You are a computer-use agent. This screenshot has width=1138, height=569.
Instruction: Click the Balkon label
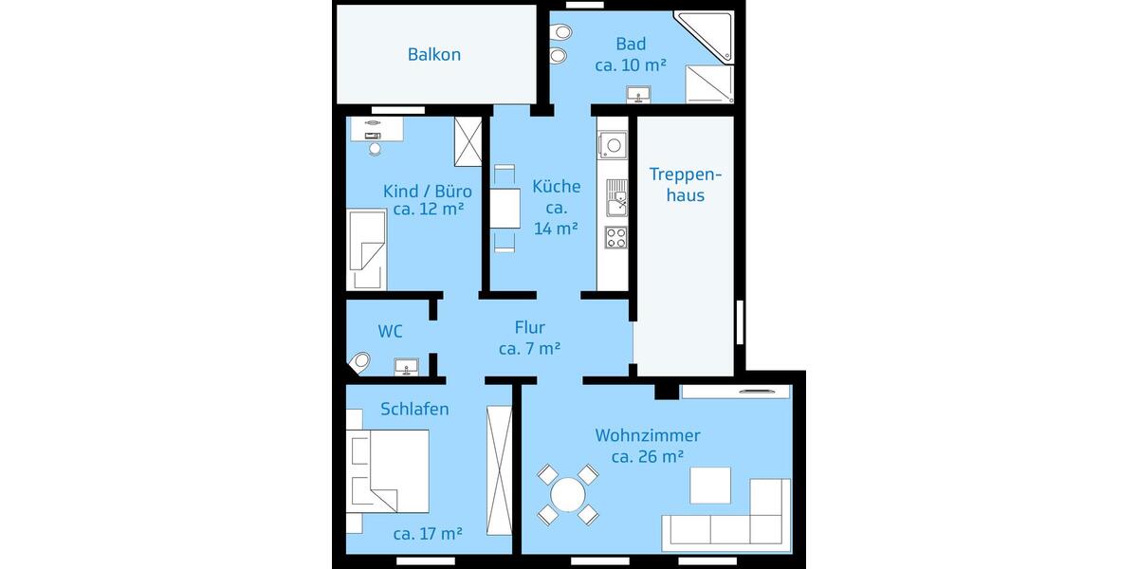pos(434,54)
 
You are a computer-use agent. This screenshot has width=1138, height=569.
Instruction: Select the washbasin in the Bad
pos(638,94)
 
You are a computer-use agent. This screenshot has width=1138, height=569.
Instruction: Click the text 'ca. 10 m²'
pos(631,65)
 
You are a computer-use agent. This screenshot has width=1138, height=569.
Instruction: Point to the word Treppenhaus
pos(686,185)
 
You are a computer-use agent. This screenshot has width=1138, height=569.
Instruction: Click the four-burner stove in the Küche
pos(615,236)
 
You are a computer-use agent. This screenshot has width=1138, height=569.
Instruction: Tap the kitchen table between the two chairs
pos(505,209)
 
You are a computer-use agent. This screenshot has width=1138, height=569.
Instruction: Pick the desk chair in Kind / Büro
pos(375,148)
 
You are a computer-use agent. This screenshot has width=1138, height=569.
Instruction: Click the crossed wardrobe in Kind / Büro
pos(468,140)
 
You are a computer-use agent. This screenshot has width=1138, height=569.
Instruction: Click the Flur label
pos(529,328)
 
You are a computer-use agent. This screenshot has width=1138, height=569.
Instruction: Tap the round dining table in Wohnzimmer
pos(568,494)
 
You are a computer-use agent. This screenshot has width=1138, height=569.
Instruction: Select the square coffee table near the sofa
pos(710,486)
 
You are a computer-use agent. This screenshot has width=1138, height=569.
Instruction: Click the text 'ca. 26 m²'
pos(648,456)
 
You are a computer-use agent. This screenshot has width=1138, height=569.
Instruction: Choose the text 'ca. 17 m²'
pos(428,534)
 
